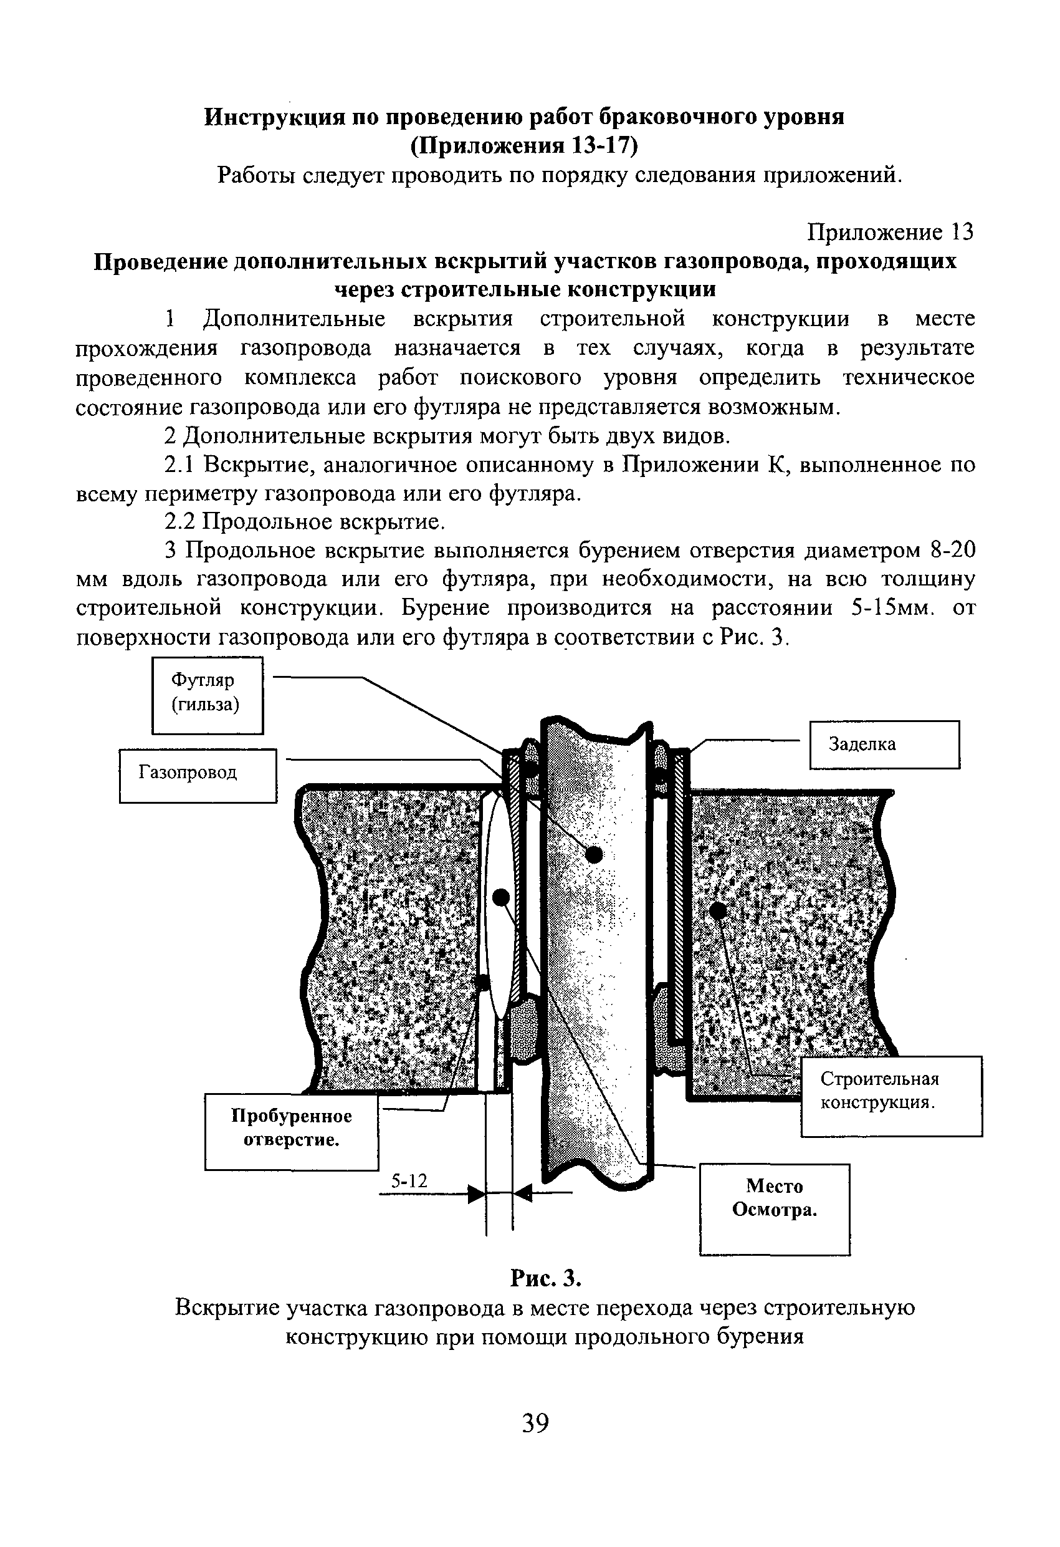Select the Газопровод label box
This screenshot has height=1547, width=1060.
198,776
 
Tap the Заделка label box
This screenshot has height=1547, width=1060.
884,745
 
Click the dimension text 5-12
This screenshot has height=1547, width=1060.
409,1181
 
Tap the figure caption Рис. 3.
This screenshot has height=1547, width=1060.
546,1278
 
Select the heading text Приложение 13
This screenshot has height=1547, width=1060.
890,232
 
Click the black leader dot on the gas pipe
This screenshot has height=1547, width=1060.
593,855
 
